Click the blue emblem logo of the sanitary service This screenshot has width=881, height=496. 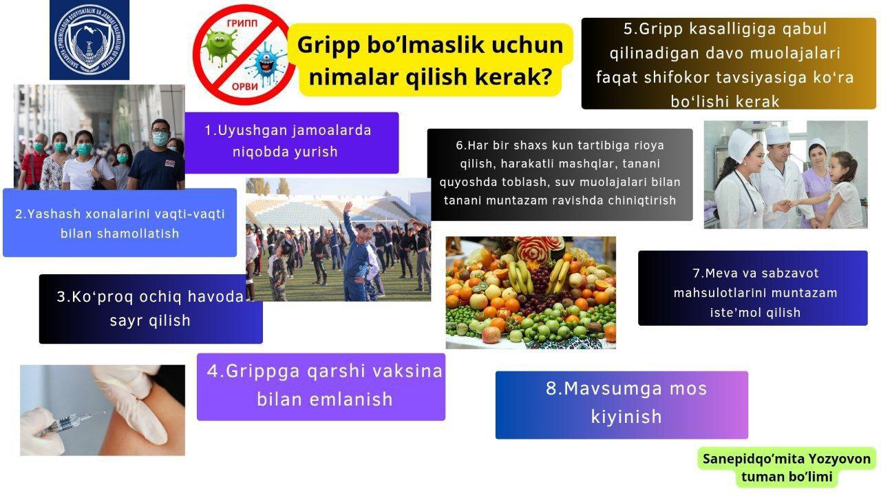point(89,40)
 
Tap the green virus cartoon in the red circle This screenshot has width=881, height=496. point(220,48)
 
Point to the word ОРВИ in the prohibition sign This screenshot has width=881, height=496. point(244,87)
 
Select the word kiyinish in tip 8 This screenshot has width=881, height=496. point(626,417)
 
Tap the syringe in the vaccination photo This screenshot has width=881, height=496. point(70,424)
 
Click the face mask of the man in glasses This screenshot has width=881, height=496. point(160,138)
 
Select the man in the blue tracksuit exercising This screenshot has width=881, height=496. point(357,260)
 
